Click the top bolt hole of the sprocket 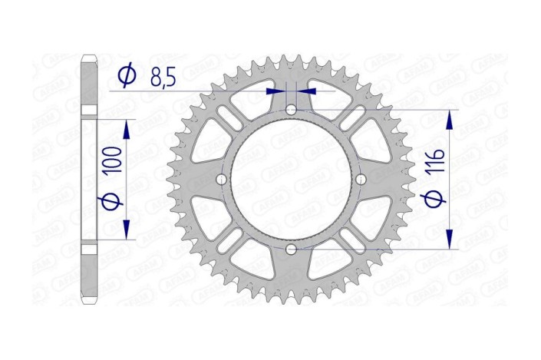(291, 111)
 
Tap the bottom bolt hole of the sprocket (291, 249)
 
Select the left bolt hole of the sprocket (222, 180)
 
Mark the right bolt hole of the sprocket (360, 180)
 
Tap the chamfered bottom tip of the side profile (90, 302)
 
